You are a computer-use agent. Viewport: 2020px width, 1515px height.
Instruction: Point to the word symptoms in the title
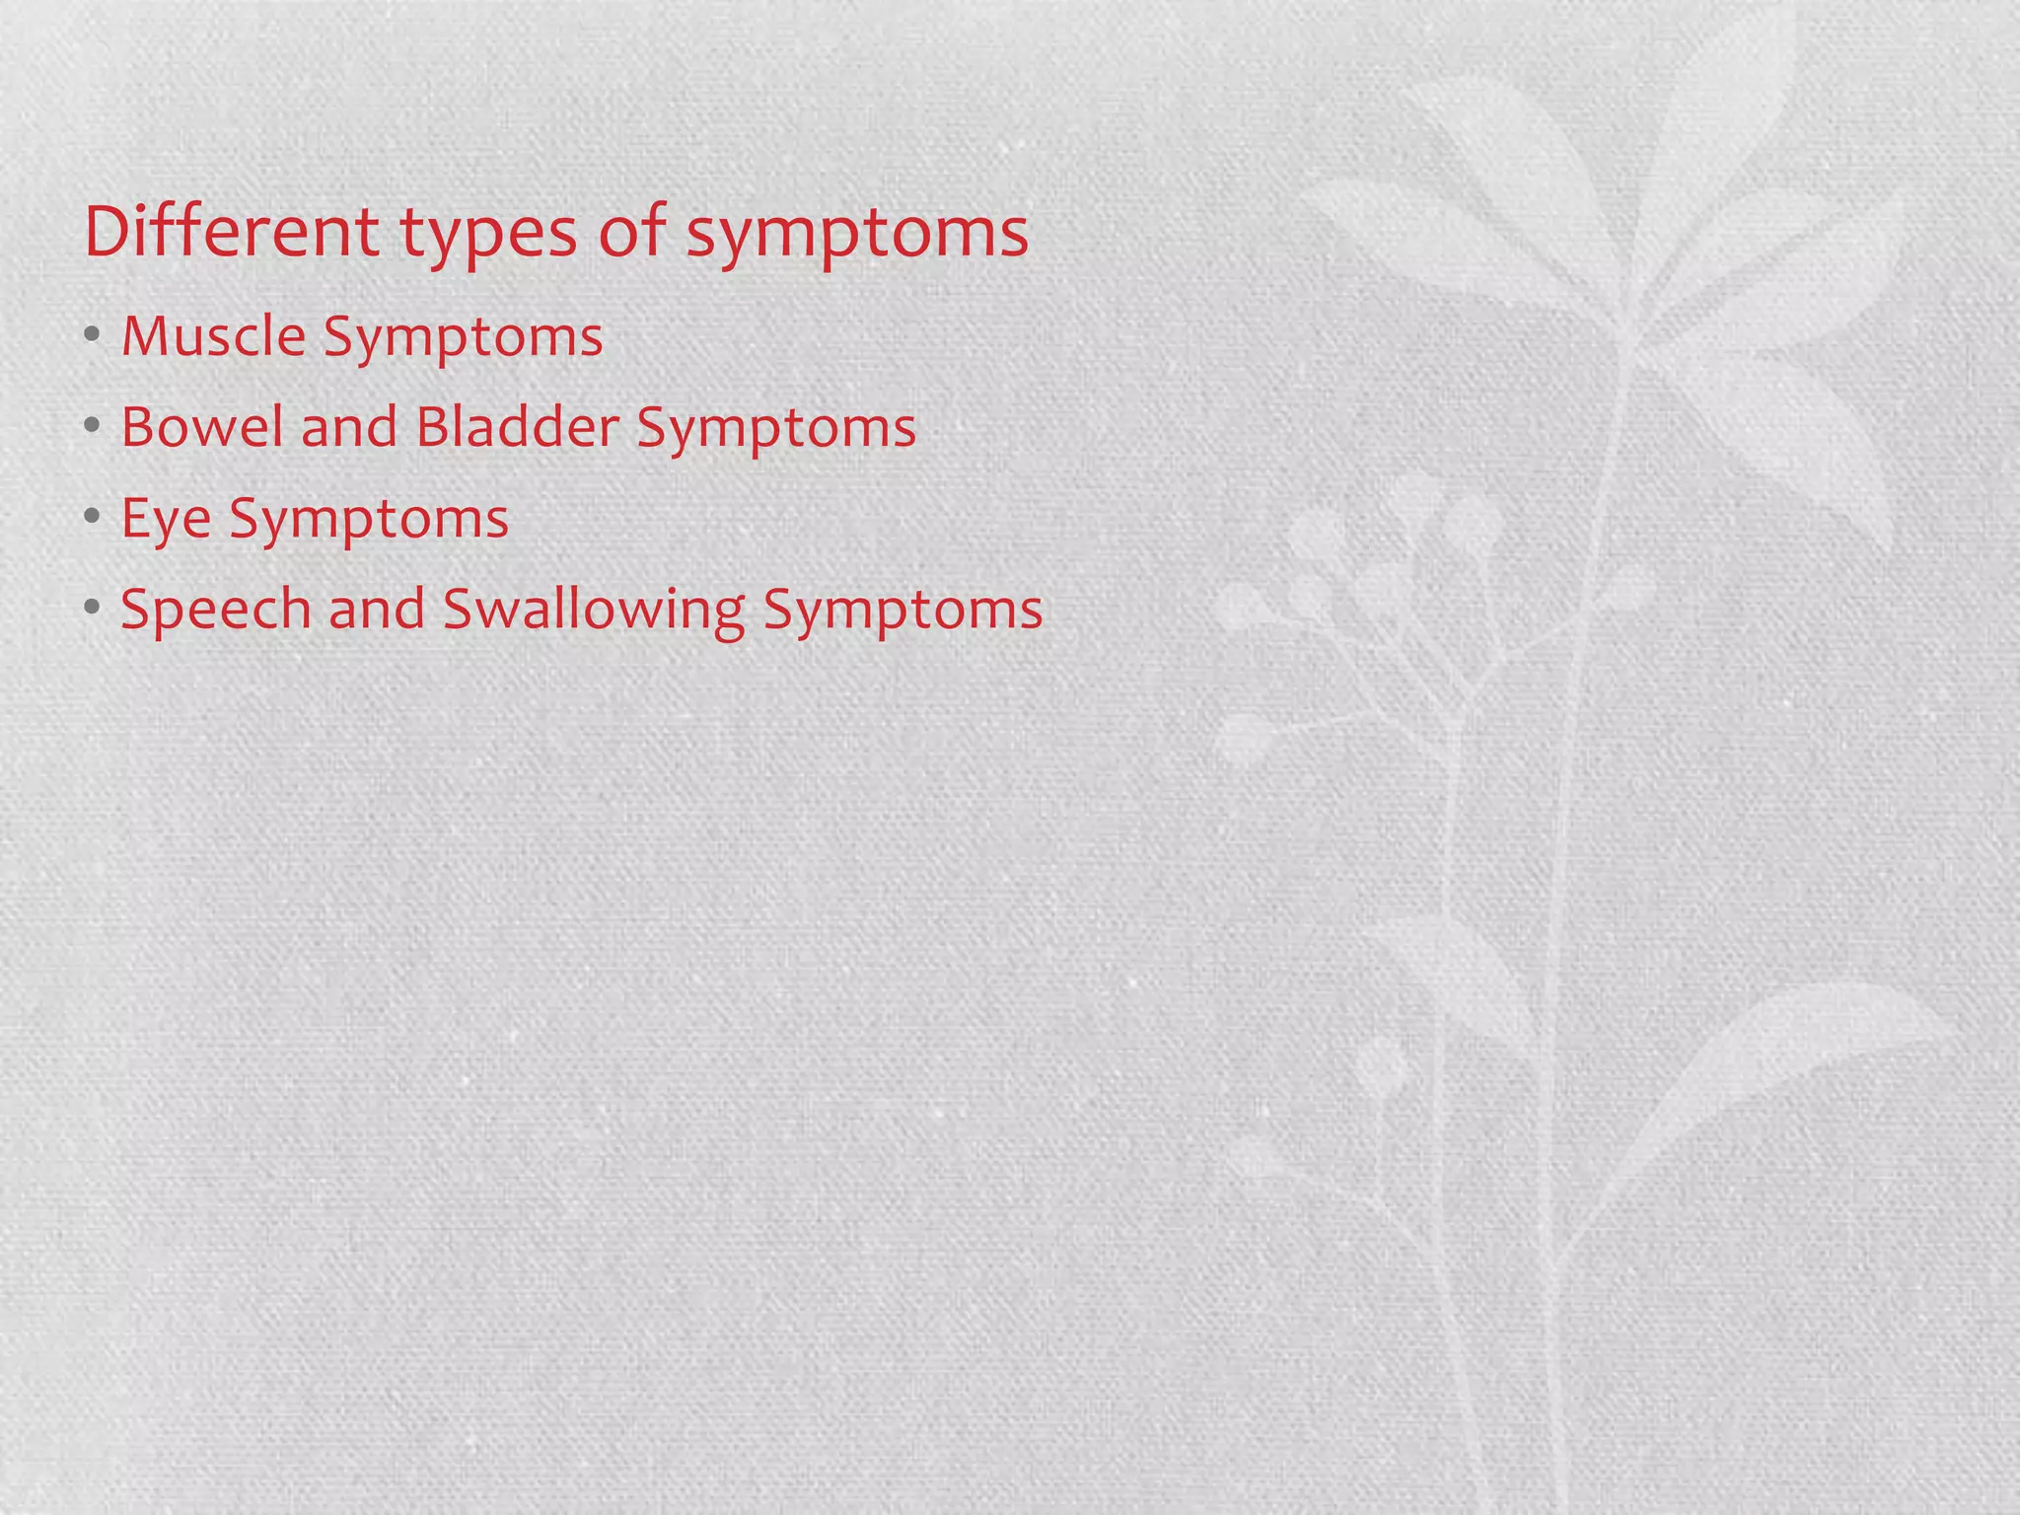point(857,237)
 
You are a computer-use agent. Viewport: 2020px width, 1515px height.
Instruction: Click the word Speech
point(216,610)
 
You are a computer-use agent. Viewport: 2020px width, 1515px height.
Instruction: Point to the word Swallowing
point(594,610)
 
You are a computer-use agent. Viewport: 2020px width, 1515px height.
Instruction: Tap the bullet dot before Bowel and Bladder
point(92,426)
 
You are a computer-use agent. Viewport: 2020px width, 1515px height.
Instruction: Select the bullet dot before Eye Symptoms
point(92,517)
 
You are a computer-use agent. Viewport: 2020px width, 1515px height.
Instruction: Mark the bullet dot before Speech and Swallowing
point(92,608)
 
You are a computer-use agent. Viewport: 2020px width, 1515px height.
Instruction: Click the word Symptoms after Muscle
point(463,338)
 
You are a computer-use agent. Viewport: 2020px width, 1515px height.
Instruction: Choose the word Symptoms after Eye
point(369,520)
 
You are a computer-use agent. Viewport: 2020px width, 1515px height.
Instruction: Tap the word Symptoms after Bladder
point(776,429)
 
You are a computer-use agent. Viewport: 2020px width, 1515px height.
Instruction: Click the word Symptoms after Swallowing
point(902,611)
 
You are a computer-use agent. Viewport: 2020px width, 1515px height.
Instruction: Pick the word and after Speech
point(377,609)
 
